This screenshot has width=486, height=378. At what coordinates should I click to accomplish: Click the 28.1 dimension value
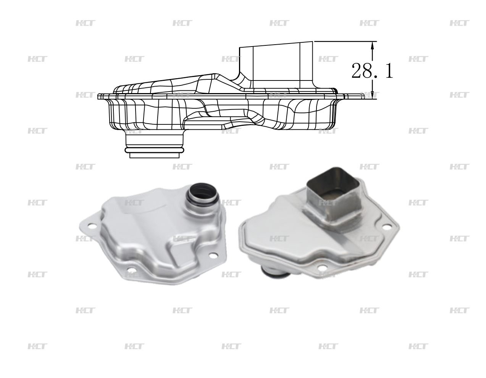(x=372, y=71)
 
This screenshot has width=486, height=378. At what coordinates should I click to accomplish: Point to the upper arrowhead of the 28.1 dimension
(x=372, y=44)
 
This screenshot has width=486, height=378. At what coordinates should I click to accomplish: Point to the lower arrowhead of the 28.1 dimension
(x=372, y=96)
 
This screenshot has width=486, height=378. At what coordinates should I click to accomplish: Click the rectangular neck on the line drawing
(x=276, y=63)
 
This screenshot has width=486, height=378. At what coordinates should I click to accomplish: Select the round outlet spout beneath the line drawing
(x=155, y=144)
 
